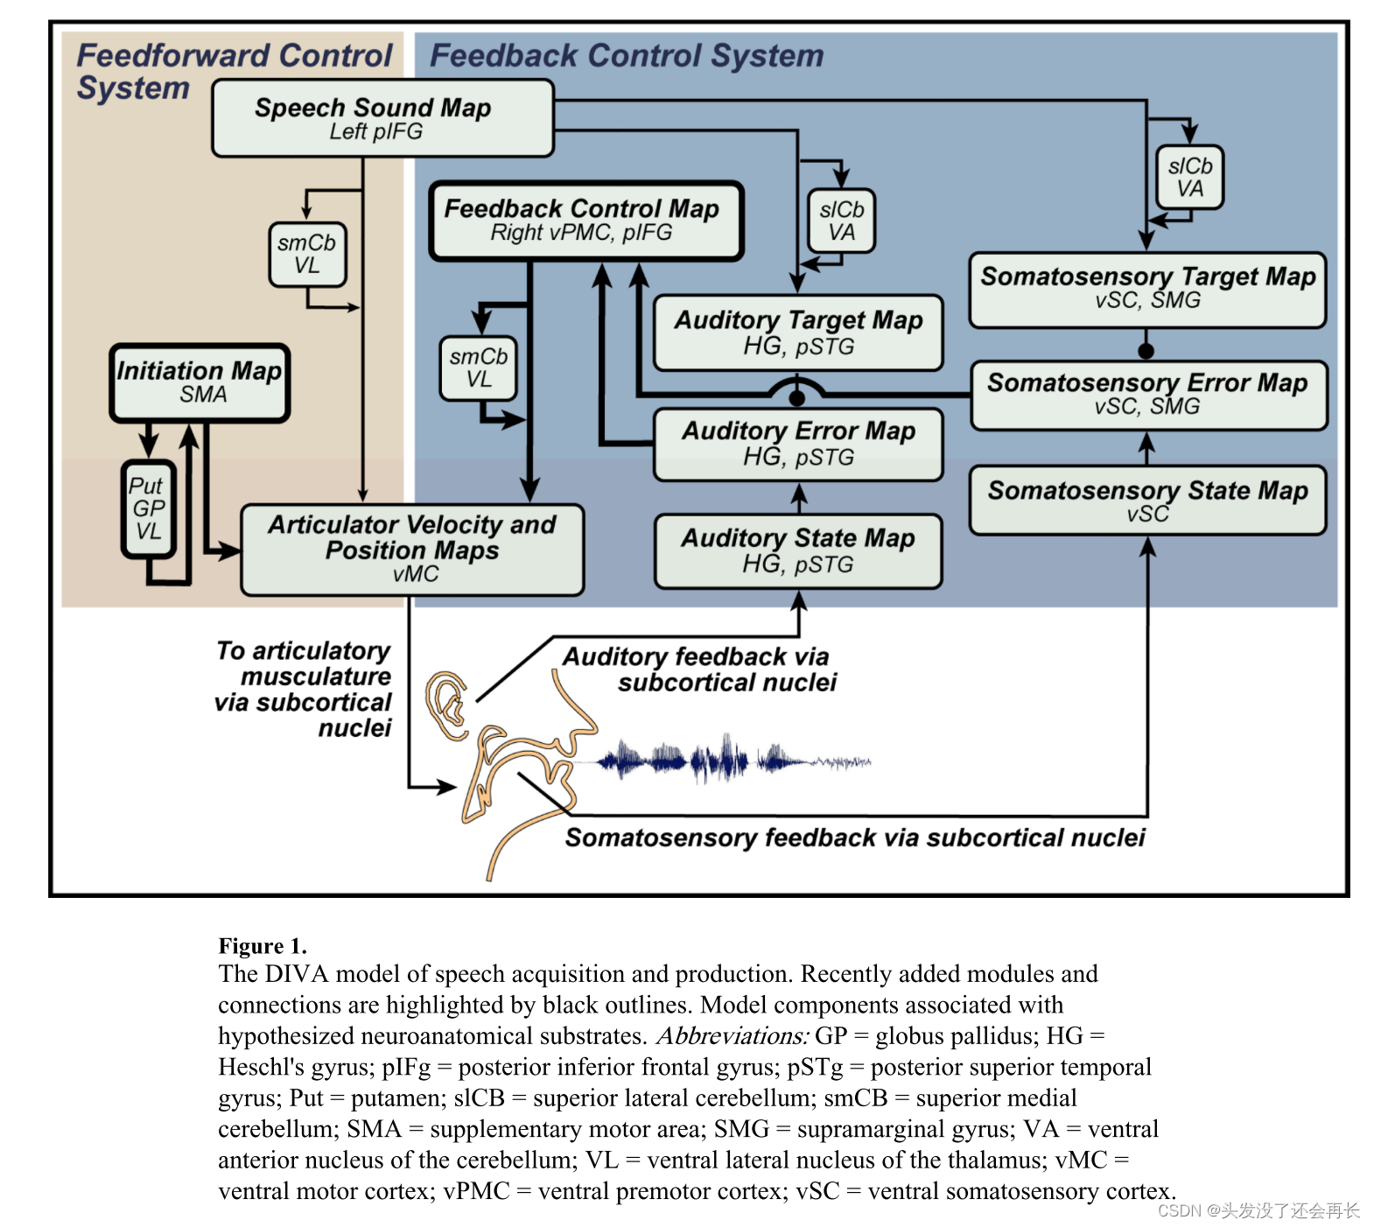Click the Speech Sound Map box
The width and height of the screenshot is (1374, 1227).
tap(382, 118)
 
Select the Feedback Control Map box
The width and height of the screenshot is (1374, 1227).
tap(585, 221)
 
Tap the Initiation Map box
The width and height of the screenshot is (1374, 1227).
tap(200, 382)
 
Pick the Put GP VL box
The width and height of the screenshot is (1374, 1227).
tap(148, 508)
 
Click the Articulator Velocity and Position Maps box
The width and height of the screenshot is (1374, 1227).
tap(412, 550)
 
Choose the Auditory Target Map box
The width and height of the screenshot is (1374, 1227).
tap(797, 333)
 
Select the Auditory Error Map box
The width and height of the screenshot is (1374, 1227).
tap(797, 444)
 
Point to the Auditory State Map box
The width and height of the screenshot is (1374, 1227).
tap(797, 550)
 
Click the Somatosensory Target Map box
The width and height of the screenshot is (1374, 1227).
tap(1147, 290)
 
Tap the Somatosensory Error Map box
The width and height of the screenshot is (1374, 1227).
tap(1148, 396)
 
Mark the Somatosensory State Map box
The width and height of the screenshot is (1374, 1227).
tap(1147, 500)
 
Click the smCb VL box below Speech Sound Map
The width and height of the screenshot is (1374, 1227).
tap(307, 254)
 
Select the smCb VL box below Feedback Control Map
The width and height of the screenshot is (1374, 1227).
tap(479, 368)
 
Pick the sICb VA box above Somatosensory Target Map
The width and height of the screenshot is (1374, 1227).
tap(1189, 177)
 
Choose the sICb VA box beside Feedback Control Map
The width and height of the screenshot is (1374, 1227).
tap(841, 221)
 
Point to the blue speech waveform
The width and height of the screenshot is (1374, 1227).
tap(733, 760)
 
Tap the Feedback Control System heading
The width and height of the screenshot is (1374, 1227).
tap(627, 56)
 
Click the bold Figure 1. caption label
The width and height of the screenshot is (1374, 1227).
tap(263, 946)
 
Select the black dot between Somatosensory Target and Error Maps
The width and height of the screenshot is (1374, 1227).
tap(1146, 351)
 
